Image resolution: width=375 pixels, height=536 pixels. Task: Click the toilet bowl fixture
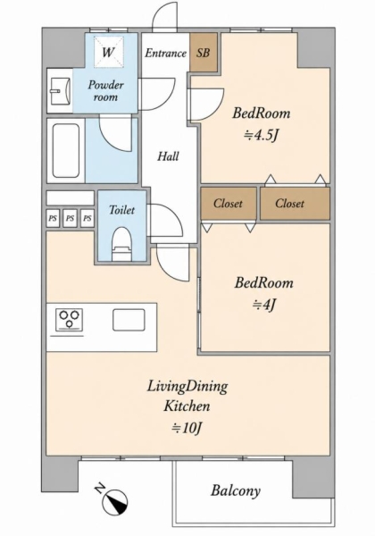click(x=122, y=244)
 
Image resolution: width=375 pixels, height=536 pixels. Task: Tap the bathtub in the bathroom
click(x=65, y=150)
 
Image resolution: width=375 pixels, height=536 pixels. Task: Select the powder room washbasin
click(x=60, y=91)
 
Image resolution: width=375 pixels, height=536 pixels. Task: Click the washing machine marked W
click(x=109, y=52)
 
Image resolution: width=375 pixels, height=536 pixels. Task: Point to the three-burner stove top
click(x=70, y=320)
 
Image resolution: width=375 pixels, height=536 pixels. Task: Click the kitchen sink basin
click(x=129, y=320)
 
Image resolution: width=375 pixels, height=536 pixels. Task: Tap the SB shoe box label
click(x=203, y=53)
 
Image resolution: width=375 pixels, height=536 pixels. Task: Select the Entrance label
click(x=166, y=53)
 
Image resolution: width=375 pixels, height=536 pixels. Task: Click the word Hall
click(x=168, y=156)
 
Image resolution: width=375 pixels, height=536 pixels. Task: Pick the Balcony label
click(x=236, y=490)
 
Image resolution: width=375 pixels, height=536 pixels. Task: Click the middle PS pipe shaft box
click(x=70, y=218)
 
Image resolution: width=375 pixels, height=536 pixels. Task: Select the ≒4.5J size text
click(x=261, y=136)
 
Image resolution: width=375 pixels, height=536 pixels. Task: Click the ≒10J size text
click(x=187, y=427)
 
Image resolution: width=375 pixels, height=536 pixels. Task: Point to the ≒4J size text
click(x=263, y=304)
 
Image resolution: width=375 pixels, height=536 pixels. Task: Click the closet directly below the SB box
click(x=229, y=204)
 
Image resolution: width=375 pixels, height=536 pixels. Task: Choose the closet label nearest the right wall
click(x=289, y=204)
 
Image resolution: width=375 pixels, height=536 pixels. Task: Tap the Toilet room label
click(x=121, y=210)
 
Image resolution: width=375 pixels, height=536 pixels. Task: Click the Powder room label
click(x=106, y=90)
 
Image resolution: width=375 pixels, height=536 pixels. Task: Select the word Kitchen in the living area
click(x=187, y=406)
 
